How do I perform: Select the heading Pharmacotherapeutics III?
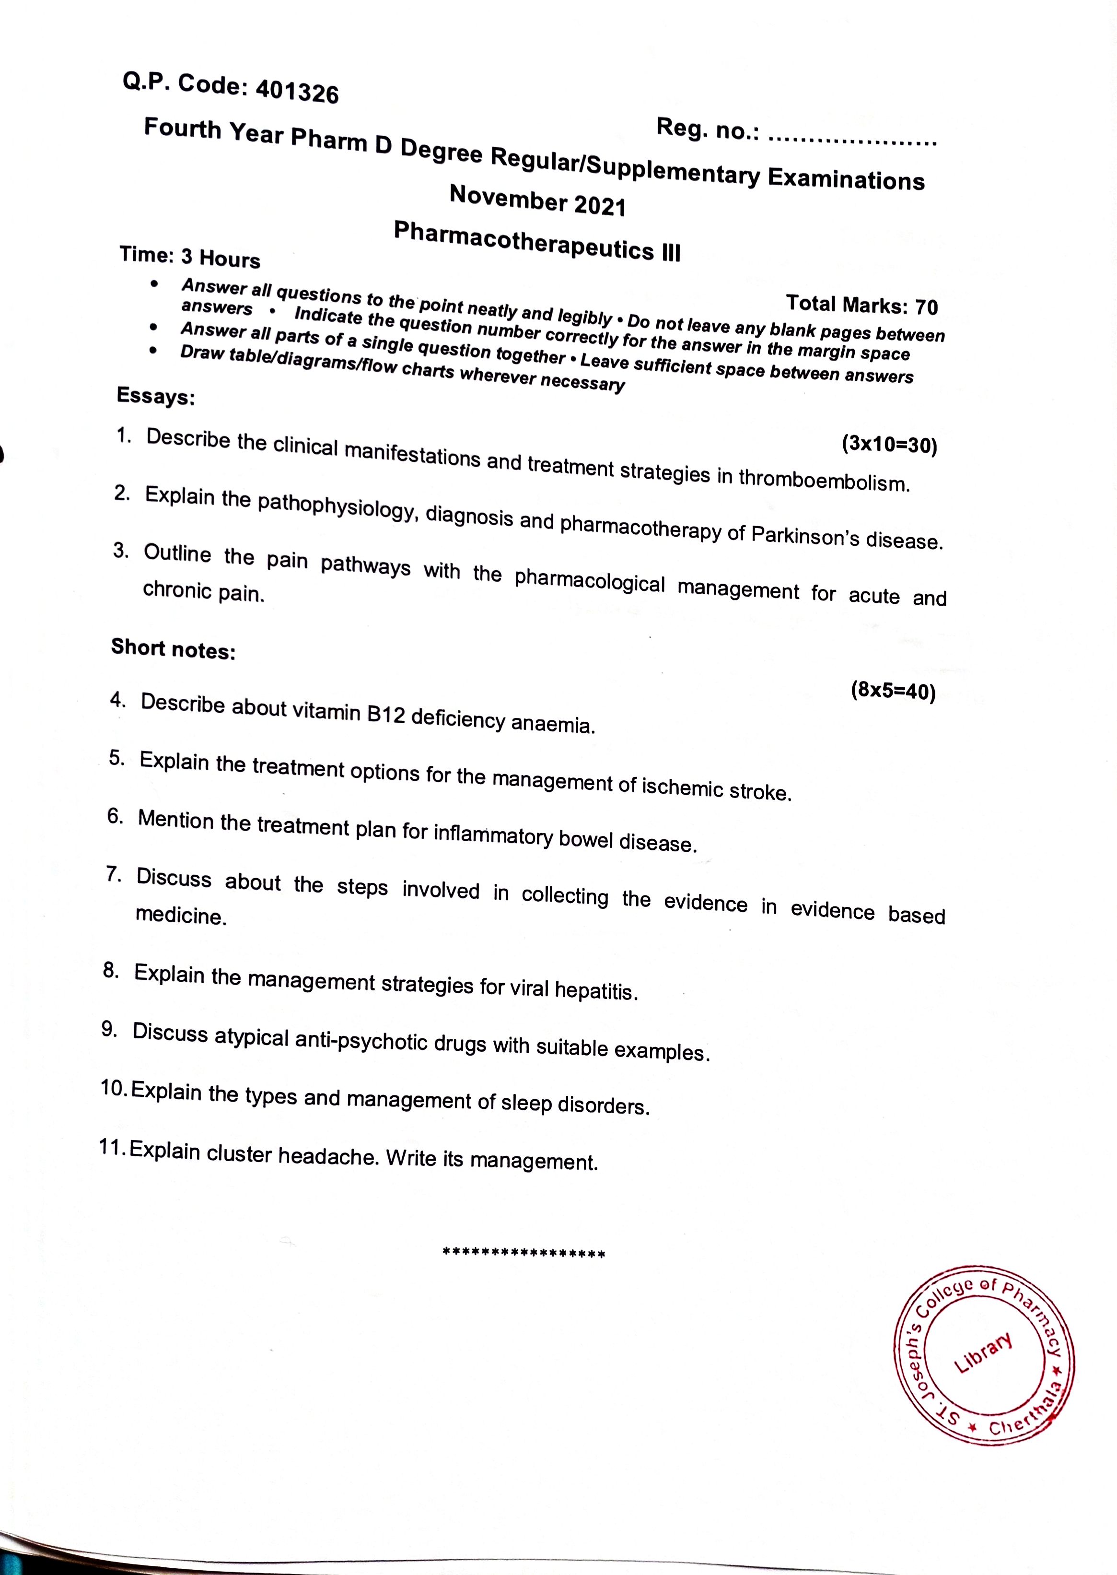[x=536, y=242]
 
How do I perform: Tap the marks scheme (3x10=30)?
[x=889, y=445]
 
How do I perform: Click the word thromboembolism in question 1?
[x=824, y=480]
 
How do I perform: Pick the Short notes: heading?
[x=174, y=649]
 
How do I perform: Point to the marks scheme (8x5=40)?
[x=893, y=690]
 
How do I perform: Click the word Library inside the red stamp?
[x=984, y=1352]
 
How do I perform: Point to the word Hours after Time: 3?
[x=230, y=259]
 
